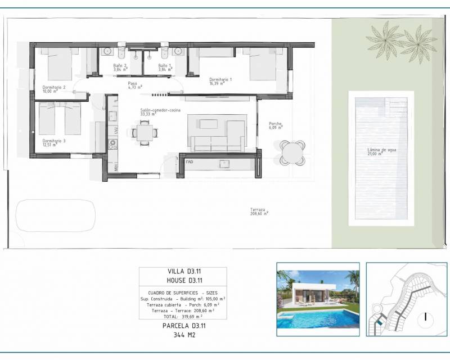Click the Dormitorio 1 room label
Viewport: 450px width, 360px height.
click(x=220, y=81)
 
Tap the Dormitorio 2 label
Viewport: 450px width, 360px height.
click(x=54, y=89)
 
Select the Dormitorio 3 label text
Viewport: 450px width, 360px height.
click(x=54, y=142)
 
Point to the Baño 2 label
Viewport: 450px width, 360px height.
click(x=120, y=67)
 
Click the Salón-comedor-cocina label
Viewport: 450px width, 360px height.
click(x=160, y=112)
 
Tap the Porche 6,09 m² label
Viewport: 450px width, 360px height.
click(x=276, y=126)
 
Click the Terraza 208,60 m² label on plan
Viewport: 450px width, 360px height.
click(x=259, y=211)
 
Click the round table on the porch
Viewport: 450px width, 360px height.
click(x=291, y=152)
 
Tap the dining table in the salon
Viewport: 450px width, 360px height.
click(x=145, y=133)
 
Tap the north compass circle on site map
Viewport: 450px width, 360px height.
click(x=426, y=317)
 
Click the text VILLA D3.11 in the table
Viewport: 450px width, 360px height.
click(x=183, y=272)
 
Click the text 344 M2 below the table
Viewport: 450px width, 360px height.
click(x=183, y=335)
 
